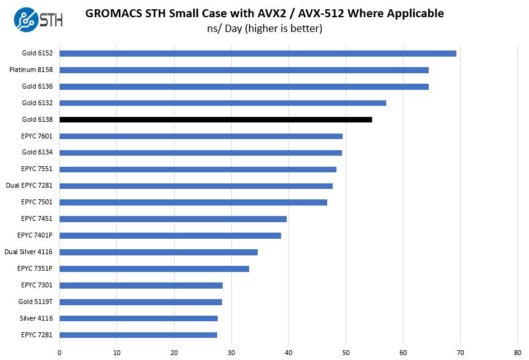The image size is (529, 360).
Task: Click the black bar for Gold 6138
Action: pos(215,119)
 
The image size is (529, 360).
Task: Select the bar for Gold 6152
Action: pos(258,53)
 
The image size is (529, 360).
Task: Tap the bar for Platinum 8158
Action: pos(244,70)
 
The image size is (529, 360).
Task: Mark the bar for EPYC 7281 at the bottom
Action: pos(138,335)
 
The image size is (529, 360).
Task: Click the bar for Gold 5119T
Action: pos(140,302)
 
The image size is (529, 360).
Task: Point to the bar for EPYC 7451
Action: pos(173,218)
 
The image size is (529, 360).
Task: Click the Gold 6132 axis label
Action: pos(37,103)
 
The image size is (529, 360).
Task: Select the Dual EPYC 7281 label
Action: pos(29,186)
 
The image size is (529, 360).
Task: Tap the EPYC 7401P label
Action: pos(35,235)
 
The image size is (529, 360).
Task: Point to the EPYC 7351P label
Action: pos(35,268)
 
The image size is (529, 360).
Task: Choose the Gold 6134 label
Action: pos(37,153)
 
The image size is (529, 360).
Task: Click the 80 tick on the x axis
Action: pos(518,352)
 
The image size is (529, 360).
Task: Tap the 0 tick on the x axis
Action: pos(60,352)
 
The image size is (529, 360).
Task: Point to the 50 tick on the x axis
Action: pos(346,352)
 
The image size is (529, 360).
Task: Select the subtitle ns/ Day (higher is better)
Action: pos(264,29)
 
